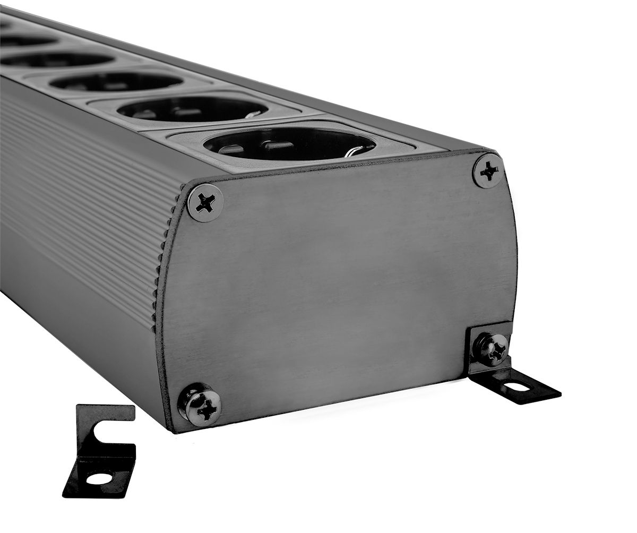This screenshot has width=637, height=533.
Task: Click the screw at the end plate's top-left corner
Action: pos(205,202)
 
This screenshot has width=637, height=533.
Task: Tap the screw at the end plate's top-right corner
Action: pos(488,170)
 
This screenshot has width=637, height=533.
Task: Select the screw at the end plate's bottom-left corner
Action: pos(200,405)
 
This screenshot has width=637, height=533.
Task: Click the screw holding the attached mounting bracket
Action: pos(490,348)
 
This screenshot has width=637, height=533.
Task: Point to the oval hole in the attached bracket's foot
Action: pos(518,386)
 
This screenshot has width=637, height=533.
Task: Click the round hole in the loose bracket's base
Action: pos(99,478)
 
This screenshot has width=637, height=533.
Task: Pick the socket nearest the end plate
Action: pos(289,144)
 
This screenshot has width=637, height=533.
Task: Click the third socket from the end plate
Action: pos(116,82)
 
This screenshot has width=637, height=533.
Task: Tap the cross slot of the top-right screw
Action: pos(488,170)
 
